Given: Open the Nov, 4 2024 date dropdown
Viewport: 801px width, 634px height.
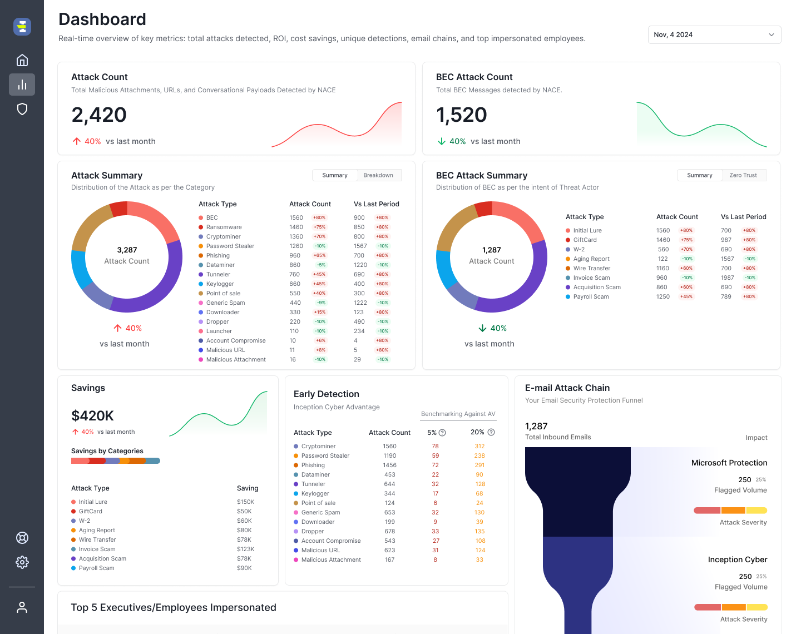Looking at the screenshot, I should click(x=714, y=34).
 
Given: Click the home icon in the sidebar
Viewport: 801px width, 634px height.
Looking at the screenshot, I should click(x=22, y=60).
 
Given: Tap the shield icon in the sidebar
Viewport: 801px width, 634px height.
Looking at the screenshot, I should click(x=22, y=109).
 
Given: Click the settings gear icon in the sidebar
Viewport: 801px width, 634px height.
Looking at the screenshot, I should click(x=22, y=562).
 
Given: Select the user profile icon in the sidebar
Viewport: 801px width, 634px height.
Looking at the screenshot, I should click(x=22, y=607).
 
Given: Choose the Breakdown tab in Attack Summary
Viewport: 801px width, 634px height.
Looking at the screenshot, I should click(x=378, y=175).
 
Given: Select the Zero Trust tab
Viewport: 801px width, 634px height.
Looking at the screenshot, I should click(x=743, y=175).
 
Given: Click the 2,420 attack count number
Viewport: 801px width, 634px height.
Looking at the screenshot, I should click(x=99, y=115).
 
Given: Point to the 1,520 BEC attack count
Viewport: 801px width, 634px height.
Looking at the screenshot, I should click(x=462, y=115).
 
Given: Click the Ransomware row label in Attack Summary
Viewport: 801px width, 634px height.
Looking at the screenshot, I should click(x=224, y=227).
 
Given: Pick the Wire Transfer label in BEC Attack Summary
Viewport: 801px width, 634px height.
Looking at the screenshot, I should click(x=592, y=268).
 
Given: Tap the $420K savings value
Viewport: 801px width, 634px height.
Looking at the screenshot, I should click(x=92, y=416).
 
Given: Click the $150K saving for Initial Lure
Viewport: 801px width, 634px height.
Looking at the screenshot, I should click(x=245, y=502).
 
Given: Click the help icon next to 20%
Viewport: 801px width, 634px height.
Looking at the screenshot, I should click(x=491, y=432).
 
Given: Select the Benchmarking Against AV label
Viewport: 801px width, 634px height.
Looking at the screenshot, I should click(x=458, y=414).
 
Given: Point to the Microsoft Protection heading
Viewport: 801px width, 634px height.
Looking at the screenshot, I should click(x=729, y=463).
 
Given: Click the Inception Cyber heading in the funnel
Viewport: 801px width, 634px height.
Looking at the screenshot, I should click(x=737, y=559).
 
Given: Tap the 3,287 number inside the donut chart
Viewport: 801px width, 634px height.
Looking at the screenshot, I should click(x=127, y=250).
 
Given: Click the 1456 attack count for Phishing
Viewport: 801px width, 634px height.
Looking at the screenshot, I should click(x=389, y=465).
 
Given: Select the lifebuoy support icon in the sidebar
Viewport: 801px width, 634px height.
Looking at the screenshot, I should click(x=22, y=538).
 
